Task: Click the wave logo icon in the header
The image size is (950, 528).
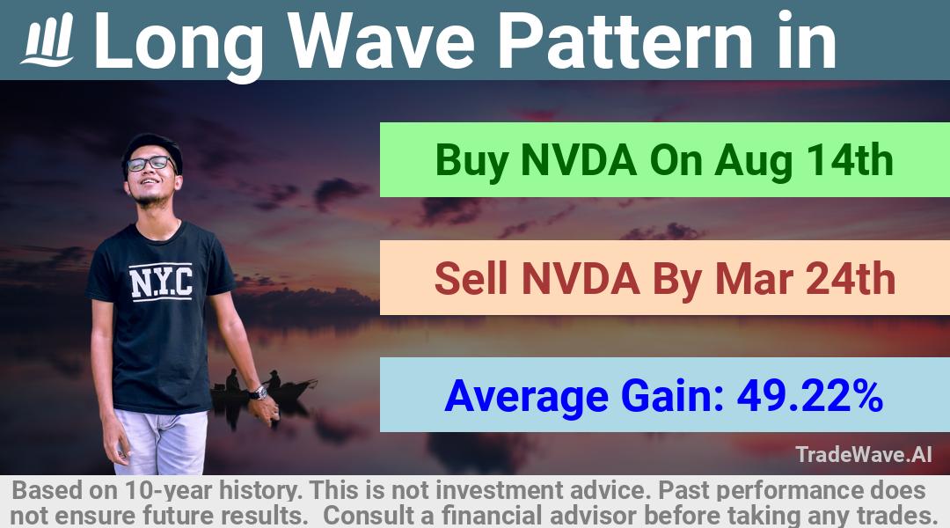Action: [47, 40]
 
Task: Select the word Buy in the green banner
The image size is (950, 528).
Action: [471, 161]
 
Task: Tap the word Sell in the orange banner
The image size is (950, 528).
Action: [471, 279]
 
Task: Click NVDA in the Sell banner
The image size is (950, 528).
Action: [581, 279]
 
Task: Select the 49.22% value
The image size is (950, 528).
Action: [809, 396]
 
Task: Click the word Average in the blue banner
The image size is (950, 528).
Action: [526, 397]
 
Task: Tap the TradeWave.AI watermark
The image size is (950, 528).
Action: [864, 454]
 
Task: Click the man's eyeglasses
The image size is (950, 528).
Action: [150, 163]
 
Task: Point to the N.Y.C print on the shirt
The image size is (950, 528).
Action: [161, 282]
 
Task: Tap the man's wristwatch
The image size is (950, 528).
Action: [259, 392]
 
